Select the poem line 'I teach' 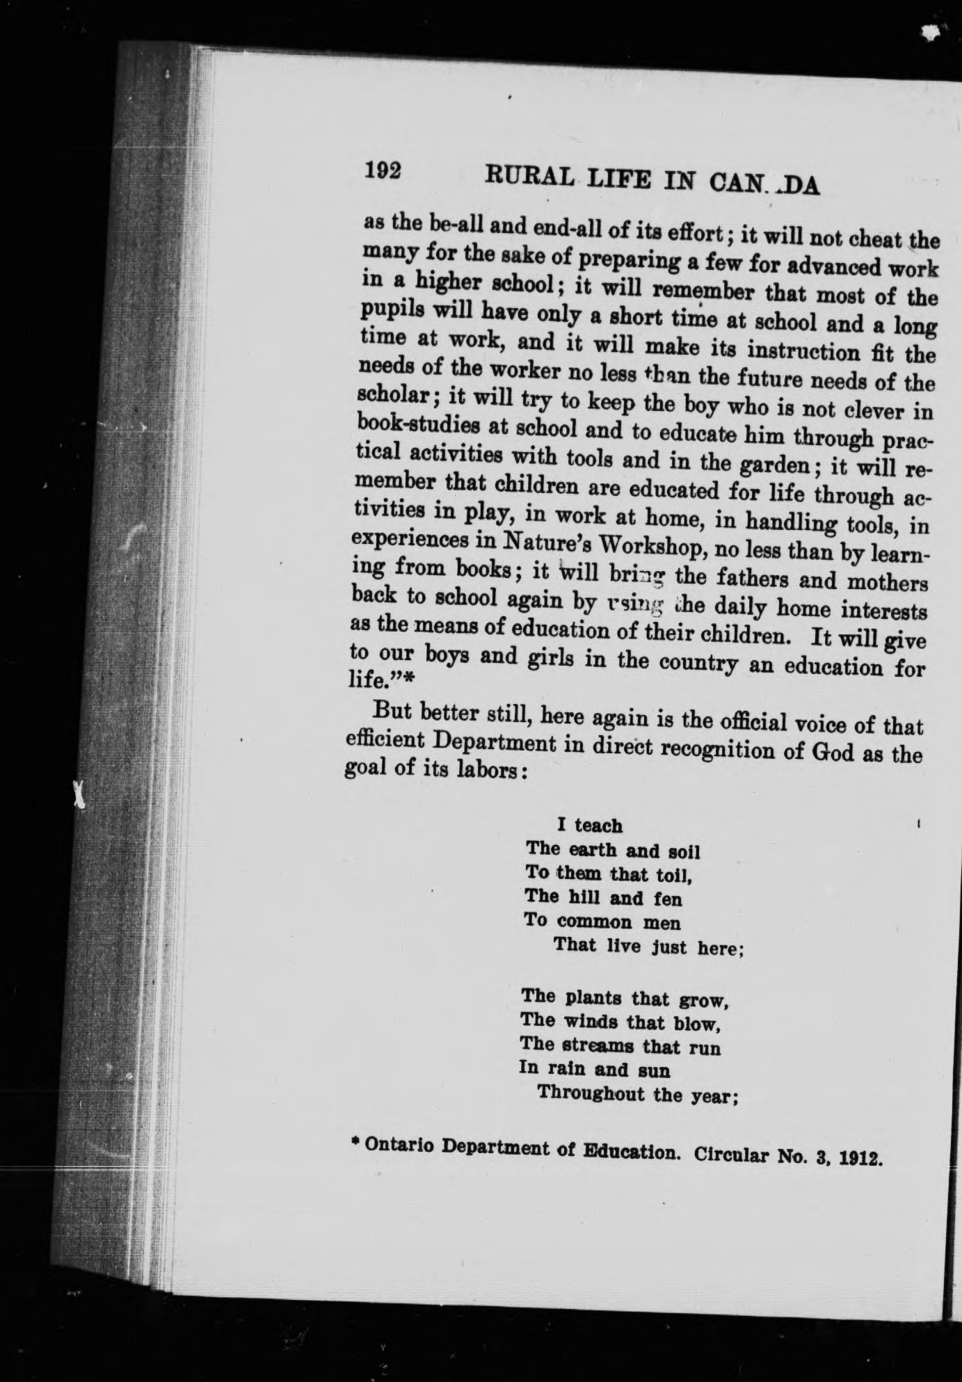[589, 826]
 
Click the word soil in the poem [683, 851]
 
